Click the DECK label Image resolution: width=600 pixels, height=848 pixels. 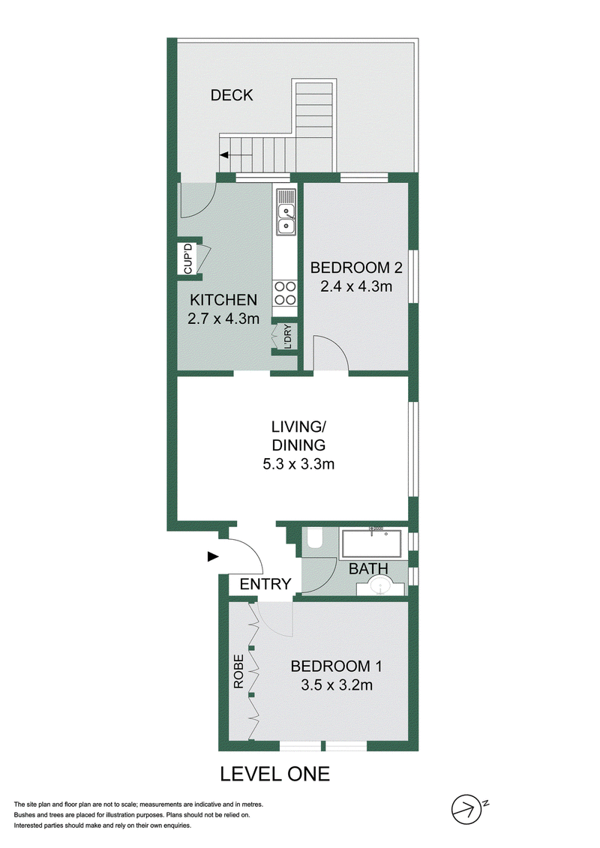tap(232, 95)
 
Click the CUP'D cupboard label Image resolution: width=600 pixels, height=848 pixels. tap(187, 259)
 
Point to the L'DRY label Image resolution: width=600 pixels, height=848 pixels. tap(286, 337)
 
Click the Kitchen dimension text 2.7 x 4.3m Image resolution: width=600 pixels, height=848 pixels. tap(223, 319)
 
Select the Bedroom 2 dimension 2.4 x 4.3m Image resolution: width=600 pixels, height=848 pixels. tap(356, 286)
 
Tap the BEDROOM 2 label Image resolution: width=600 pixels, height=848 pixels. tap(356, 267)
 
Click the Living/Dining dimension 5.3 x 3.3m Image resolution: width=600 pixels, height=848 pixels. tap(298, 464)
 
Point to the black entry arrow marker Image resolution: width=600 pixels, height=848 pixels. tap(213, 556)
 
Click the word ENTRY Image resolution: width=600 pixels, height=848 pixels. tap(265, 584)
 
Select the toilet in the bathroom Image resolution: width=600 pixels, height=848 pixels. tap(314, 539)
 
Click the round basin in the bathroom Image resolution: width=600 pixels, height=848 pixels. tap(382, 586)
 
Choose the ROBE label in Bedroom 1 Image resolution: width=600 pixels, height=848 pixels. tap(238, 672)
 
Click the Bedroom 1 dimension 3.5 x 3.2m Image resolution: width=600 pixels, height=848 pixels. tap(337, 685)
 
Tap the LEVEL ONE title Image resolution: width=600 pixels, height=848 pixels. tap(274, 775)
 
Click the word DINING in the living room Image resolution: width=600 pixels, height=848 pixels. tap(298, 445)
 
